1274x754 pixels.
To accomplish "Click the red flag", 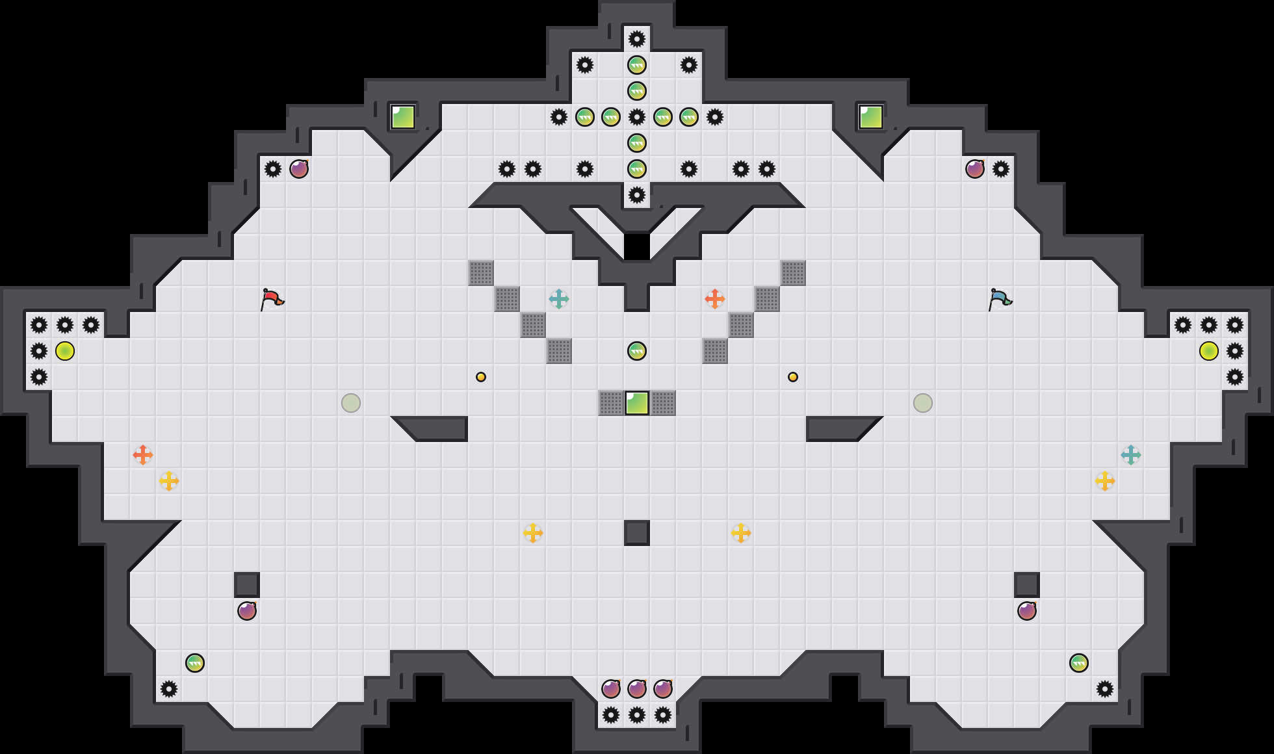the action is pos(272,299).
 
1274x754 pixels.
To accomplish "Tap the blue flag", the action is pos(1000,299).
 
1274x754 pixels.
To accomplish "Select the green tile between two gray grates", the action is pos(637,403).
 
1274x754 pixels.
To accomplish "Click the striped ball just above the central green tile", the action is pos(637,351).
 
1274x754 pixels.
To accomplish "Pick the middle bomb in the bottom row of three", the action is pos(637,688).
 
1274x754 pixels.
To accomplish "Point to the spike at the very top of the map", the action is pos(637,39).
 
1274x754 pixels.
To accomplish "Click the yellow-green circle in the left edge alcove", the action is pos(65,351).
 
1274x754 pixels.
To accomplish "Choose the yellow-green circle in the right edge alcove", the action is pos(1209,351).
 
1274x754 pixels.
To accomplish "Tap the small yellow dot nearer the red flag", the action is pos(481,377).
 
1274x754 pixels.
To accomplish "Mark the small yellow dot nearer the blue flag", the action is pos(793,377).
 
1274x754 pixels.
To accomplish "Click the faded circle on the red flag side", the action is pos(351,403).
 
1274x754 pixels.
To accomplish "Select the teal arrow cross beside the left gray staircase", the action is pos(559,299).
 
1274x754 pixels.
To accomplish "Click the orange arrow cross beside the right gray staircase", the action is pos(715,299).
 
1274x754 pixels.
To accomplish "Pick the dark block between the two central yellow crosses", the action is pos(637,533).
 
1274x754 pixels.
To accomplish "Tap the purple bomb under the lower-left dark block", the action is pos(247,611).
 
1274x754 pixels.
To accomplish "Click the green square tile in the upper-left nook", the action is pos(403,117).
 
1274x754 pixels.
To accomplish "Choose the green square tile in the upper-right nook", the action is pos(871,117).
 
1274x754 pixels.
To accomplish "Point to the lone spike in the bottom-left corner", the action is pos(169,689).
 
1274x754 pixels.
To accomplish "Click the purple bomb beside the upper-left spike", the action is pos(299,169).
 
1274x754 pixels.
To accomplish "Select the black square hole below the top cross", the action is pos(637,247).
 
